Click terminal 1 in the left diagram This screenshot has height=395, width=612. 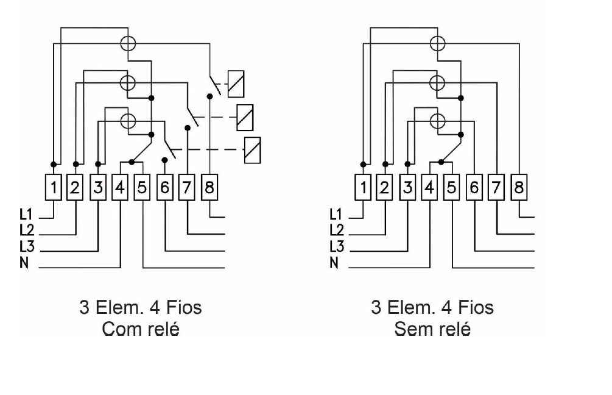click(54, 188)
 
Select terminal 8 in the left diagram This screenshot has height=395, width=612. click(209, 188)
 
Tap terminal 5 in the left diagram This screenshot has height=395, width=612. click(142, 188)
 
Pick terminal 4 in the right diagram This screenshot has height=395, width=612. click(429, 188)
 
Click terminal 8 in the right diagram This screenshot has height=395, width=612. click(519, 188)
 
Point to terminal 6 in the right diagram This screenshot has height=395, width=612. click(474, 188)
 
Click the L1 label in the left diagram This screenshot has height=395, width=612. click(27, 214)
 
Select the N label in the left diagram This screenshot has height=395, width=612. click(24, 263)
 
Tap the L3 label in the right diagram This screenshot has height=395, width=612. click(336, 246)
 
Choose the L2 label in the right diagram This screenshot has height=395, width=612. click(336, 230)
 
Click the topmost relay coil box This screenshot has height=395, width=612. click(236, 84)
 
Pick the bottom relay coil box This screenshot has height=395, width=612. click(253, 150)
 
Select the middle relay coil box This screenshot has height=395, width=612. click(245, 118)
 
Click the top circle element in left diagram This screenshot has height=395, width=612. click(128, 43)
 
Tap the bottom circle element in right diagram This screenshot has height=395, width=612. click(437, 121)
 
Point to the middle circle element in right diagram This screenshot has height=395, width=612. click(437, 83)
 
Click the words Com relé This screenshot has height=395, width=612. click(141, 329)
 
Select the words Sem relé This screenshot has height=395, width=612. click(432, 329)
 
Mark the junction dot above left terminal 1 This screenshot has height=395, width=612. click(54, 164)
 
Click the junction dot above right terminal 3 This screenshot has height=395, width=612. click(407, 164)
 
